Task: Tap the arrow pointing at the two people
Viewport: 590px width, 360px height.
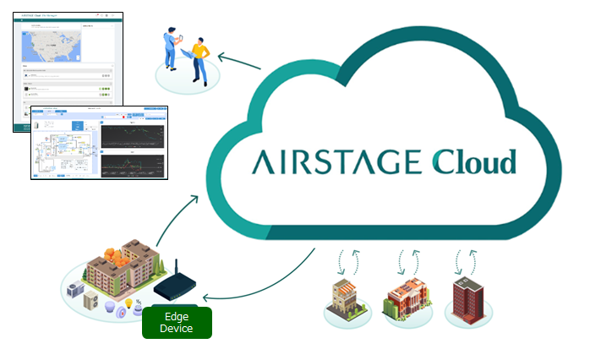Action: pyautogui.click(x=237, y=61)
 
